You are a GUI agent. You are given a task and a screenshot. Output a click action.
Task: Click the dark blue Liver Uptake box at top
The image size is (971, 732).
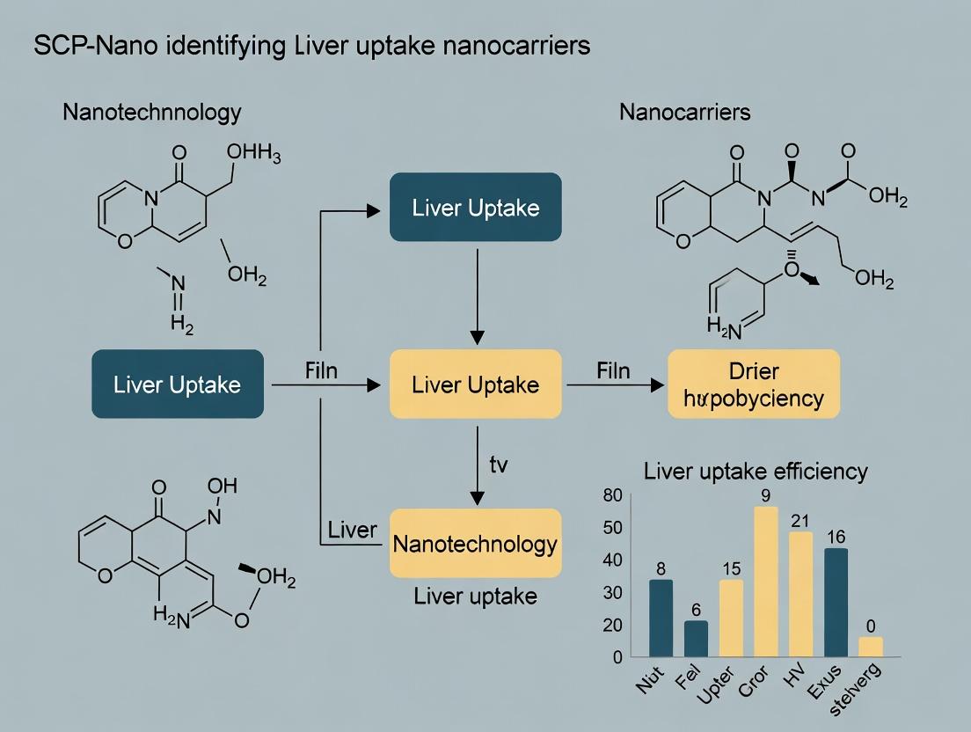(x=475, y=208)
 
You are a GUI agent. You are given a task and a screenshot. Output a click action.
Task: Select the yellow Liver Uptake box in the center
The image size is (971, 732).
(x=475, y=384)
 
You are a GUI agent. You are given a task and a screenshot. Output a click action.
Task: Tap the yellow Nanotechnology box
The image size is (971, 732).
(x=475, y=544)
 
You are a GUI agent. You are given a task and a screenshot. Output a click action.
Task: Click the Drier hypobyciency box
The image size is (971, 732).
(x=754, y=384)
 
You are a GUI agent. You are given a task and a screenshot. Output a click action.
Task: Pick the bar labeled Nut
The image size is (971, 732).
(x=660, y=618)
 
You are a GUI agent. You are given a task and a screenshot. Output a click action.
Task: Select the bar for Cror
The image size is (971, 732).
(x=765, y=582)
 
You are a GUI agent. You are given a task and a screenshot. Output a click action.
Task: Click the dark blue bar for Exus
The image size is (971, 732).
(x=836, y=602)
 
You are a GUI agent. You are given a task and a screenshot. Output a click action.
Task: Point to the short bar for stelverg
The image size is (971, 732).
(x=871, y=647)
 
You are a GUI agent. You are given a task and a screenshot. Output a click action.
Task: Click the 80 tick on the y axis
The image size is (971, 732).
(x=613, y=495)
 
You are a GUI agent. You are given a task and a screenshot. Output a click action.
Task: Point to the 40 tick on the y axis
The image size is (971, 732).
(x=613, y=560)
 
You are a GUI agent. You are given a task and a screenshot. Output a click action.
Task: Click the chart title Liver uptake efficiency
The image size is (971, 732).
(x=756, y=471)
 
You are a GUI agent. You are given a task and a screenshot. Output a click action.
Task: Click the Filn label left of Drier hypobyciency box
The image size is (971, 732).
(x=612, y=370)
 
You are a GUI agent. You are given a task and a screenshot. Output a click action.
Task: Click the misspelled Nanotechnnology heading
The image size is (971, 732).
(x=151, y=113)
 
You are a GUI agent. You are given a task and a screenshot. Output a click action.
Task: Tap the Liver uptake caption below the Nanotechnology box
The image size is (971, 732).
(x=475, y=596)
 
